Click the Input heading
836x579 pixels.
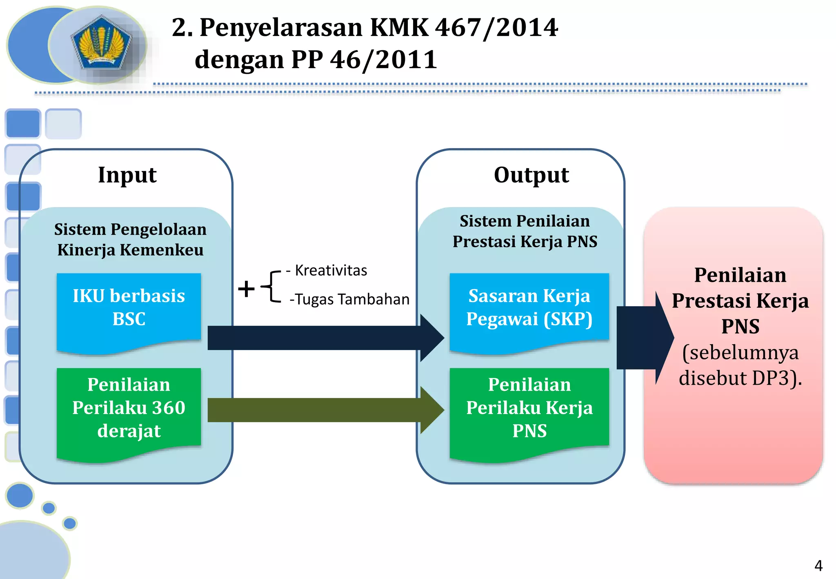pyautogui.click(x=127, y=175)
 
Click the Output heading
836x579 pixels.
pyautogui.click(x=531, y=175)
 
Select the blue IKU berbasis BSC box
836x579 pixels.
pyautogui.click(x=129, y=308)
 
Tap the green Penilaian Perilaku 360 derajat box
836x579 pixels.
pyautogui.click(x=129, y=408)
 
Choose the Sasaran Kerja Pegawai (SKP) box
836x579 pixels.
pyautogui.click(x=529, y=308)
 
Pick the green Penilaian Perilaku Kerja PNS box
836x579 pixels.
pyautogui.click(x=529, y=408)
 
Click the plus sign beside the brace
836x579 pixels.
pyautogui.click(x=246, y=289)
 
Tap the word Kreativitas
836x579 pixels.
pyautogui.click(x=331, y=271)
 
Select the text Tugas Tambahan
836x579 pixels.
pyautogui.click(x=352, y=300)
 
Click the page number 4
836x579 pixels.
pyautogui.click(x=818, y=566)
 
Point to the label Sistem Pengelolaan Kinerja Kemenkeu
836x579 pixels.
pyautogui.click(x=130, y=240)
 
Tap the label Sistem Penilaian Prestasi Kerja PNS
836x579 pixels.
pyautogui.click(x=525, y=232)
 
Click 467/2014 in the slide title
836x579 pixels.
pyautogui.click(x=496, y=28)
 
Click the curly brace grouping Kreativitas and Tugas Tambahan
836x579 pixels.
pyautogui.click(x=271, y=287)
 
